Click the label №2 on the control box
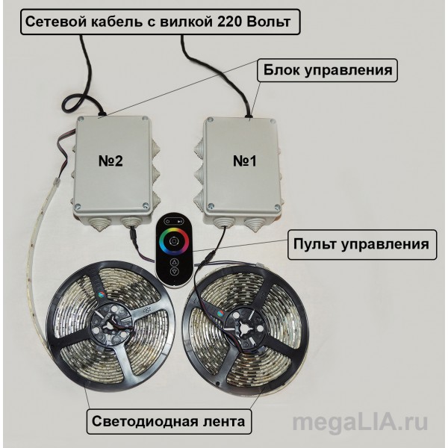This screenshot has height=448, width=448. (x=111, y=161)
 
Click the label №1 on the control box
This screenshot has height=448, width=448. (x=245, y=161)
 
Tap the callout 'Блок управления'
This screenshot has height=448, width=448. (x=327, y=70)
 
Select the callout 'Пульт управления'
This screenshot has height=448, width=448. (x=362, y=245)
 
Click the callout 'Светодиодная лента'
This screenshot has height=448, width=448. (x=169, y=421)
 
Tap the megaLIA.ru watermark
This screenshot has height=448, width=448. (x=360, y=423)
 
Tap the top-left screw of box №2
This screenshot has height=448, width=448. (x=82, y=119)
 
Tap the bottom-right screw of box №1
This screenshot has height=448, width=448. (x=276, y=208)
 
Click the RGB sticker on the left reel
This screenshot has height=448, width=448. (x=100, y=296)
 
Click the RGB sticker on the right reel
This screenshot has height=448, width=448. (x=220, y=313)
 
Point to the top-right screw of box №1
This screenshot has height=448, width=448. (x=272, y=122)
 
